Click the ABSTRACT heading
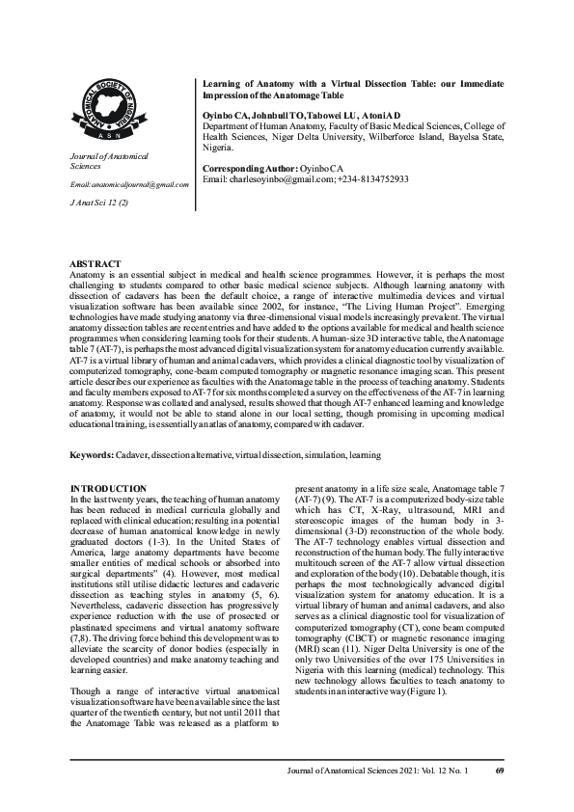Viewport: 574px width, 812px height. click(x=96, y=263)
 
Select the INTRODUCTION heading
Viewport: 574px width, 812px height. click(x=110, y=489)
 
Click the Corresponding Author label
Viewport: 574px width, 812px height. click(x=245, y=169)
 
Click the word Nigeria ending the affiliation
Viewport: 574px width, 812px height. click(x=217, y=149)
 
